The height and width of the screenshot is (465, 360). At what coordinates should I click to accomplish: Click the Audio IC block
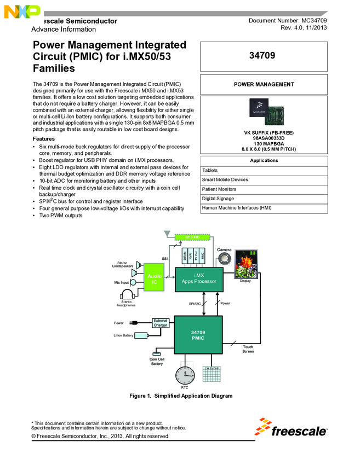tap(155, 278)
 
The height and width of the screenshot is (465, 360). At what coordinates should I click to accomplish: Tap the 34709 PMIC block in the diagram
tap(198, 335)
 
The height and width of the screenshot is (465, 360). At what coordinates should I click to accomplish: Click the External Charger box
tap(160, 323)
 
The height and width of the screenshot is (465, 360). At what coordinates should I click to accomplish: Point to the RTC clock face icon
tap(185, 375)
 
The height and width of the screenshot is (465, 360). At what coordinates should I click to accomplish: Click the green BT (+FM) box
tap(191, 237)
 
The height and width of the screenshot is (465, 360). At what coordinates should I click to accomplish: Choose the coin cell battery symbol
tap(157, 354)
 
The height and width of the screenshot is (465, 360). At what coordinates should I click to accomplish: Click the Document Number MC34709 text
tap(288, 20)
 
